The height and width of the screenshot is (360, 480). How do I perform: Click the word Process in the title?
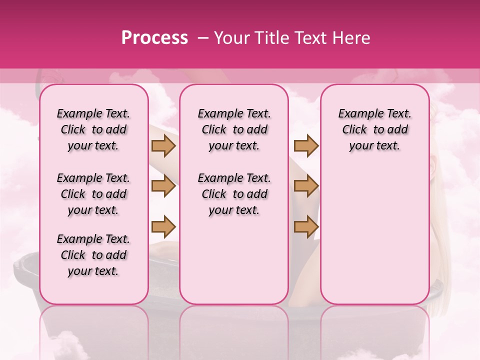154,38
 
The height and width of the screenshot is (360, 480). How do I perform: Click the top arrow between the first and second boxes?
163,145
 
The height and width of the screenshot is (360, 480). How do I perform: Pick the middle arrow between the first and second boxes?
163,186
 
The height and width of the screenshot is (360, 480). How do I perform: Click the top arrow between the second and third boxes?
306,145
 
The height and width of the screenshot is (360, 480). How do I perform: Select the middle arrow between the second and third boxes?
306,186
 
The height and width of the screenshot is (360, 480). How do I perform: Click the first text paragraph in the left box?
93,129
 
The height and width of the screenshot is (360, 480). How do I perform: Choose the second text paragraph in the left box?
93,194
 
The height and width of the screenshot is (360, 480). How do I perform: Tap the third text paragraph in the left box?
93,255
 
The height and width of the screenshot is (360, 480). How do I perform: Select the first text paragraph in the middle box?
234,129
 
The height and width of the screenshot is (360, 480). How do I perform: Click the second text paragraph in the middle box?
234,194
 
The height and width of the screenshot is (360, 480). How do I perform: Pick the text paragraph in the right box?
374,129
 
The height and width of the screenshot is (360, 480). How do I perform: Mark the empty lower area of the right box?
374,235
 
